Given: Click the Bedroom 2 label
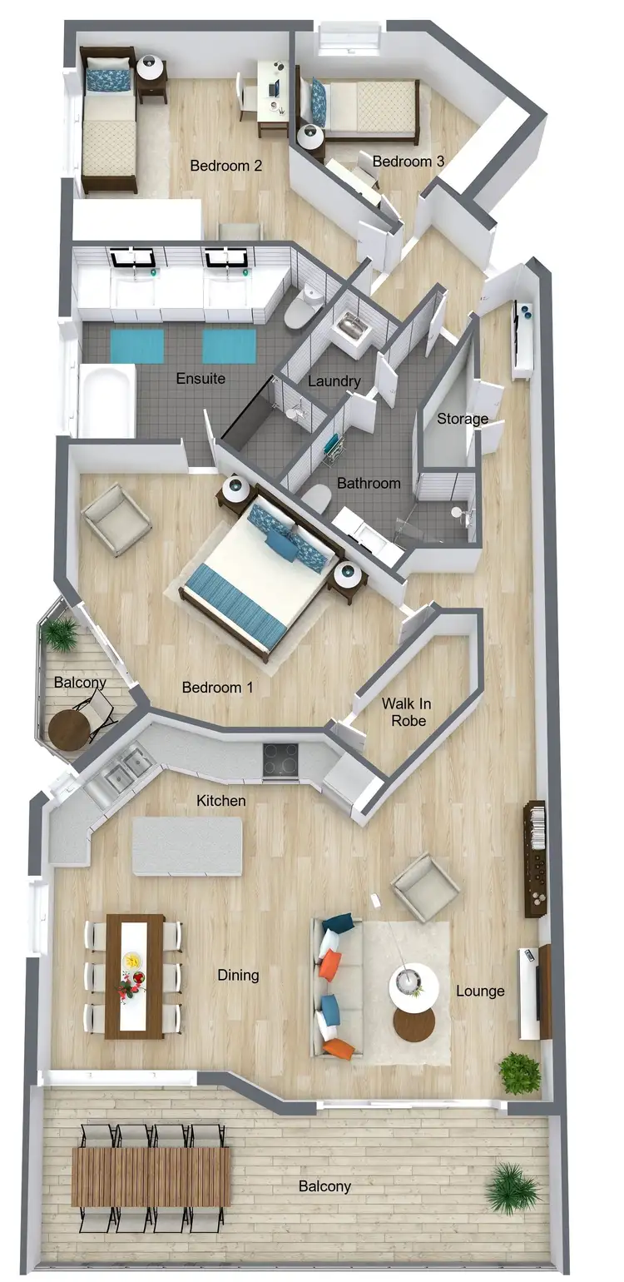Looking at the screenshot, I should (226, 166).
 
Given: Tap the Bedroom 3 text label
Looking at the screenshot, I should (408, 161).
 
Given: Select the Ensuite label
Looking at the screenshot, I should (201, 379).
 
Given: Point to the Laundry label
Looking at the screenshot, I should (334, 382).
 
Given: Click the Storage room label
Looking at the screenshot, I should (463, 419).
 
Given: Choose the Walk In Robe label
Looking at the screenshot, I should (406, 712).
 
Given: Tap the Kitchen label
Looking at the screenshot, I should (221, 801).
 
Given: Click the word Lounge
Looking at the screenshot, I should (480, 991).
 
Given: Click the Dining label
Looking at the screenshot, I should (238, 975).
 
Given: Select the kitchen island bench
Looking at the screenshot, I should (187, 846).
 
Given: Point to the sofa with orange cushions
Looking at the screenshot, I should (337, 986).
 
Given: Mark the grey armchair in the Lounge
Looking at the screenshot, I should (425, 887).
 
